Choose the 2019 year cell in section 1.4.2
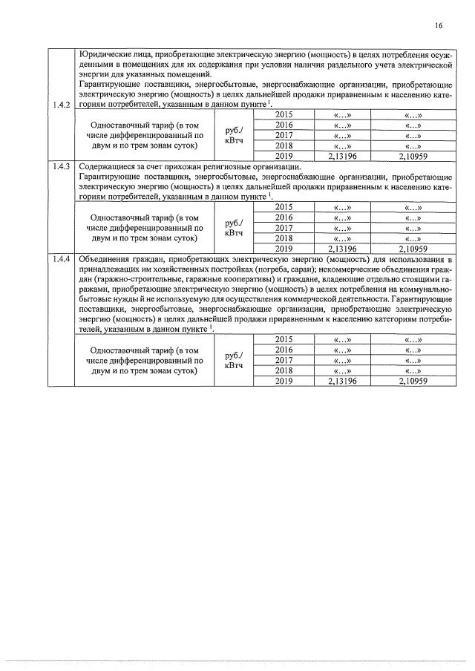284,156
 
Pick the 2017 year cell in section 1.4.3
284,228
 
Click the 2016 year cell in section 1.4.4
284,350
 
